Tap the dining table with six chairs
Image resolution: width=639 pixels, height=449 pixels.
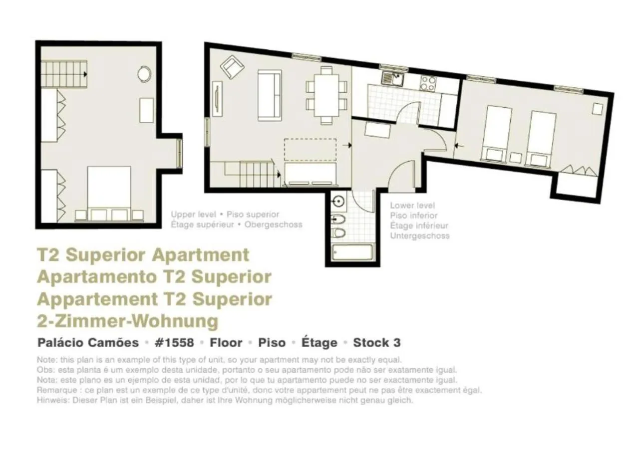[x=327, y=95]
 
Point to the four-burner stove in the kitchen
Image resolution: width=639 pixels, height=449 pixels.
[x=428, y=82]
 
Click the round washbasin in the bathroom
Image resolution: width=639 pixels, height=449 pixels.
[x=338, y=202]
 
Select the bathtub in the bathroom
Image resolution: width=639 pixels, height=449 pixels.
[x=352, y=252]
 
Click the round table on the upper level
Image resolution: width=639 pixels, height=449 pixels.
[x=144, y=74]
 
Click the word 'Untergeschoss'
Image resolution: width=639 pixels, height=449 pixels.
[x=419, y=236]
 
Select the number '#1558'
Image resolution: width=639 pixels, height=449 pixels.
[x=174, y=343]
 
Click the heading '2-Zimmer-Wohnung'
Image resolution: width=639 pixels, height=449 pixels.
[x=127, y=321]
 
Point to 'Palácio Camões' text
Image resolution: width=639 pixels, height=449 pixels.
[x=88, y=343]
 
